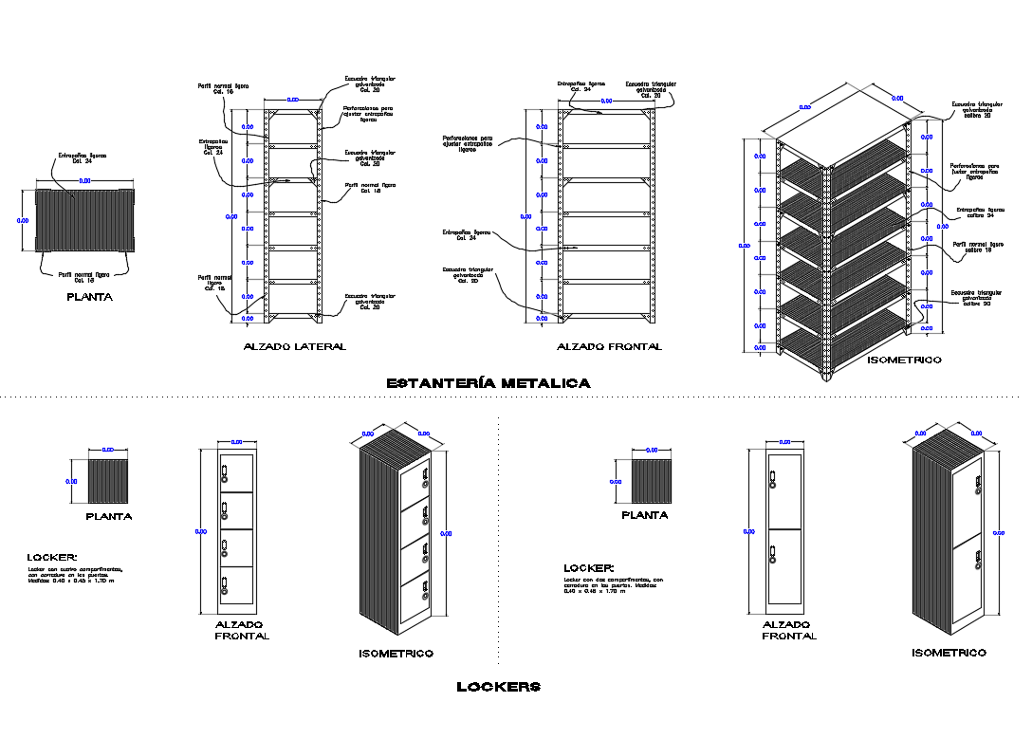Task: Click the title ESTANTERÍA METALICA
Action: [x=488, y=383]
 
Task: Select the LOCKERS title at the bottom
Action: [x=498, y=686]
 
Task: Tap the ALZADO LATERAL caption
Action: [x=295, y=347]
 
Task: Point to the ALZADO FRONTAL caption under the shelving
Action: [x=609, y=347]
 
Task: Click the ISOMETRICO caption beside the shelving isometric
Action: [x=904, y=360]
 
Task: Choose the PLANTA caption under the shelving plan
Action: [x=90, y=297]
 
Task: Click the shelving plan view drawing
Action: [x=84, y=220]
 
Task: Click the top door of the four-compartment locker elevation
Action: [x=237, y=472]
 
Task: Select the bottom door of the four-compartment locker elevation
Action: [x=237, y=584]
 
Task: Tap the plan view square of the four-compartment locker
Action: [x=107, y=481]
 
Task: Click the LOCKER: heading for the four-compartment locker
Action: [x=52, y=558]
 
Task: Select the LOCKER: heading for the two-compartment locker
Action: [x=589, y=567]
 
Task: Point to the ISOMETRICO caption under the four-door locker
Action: [x=396, y=654]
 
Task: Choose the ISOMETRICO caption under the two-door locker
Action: [x=949, y=653]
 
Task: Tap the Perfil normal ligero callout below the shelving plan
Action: [x=84, y=277]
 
